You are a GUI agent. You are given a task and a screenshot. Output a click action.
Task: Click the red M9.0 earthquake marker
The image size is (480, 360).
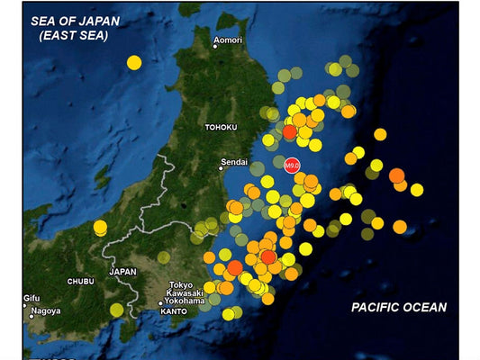click(x=292, y=166)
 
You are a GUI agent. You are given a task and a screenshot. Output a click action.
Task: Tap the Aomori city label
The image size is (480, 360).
click(x=229, y=41)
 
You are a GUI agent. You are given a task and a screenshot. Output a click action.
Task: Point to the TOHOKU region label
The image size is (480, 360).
click(x=221, y=128)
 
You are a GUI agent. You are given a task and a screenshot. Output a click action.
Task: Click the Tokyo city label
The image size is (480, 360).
click(x=181, y=284)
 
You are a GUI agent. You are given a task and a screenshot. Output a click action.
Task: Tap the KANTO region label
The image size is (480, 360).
click(x=173, y=312)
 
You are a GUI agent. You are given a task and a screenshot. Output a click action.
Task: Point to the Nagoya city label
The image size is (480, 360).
click(x=45, y=311)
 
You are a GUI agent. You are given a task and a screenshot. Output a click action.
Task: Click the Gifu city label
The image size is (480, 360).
click(x=32, y=298)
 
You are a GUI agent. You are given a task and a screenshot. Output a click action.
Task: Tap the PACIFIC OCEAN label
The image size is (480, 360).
click(x=399, y=308)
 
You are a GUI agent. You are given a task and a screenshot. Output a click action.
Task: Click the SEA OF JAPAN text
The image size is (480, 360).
click(x=68, y=22)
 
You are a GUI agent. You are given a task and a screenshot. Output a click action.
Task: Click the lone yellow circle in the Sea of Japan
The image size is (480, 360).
click(x=134, y=62)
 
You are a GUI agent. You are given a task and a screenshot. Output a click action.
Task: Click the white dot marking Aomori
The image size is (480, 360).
click(x=214, y=41)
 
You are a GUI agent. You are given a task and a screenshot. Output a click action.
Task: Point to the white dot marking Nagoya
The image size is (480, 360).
click(x=26, y=311)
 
